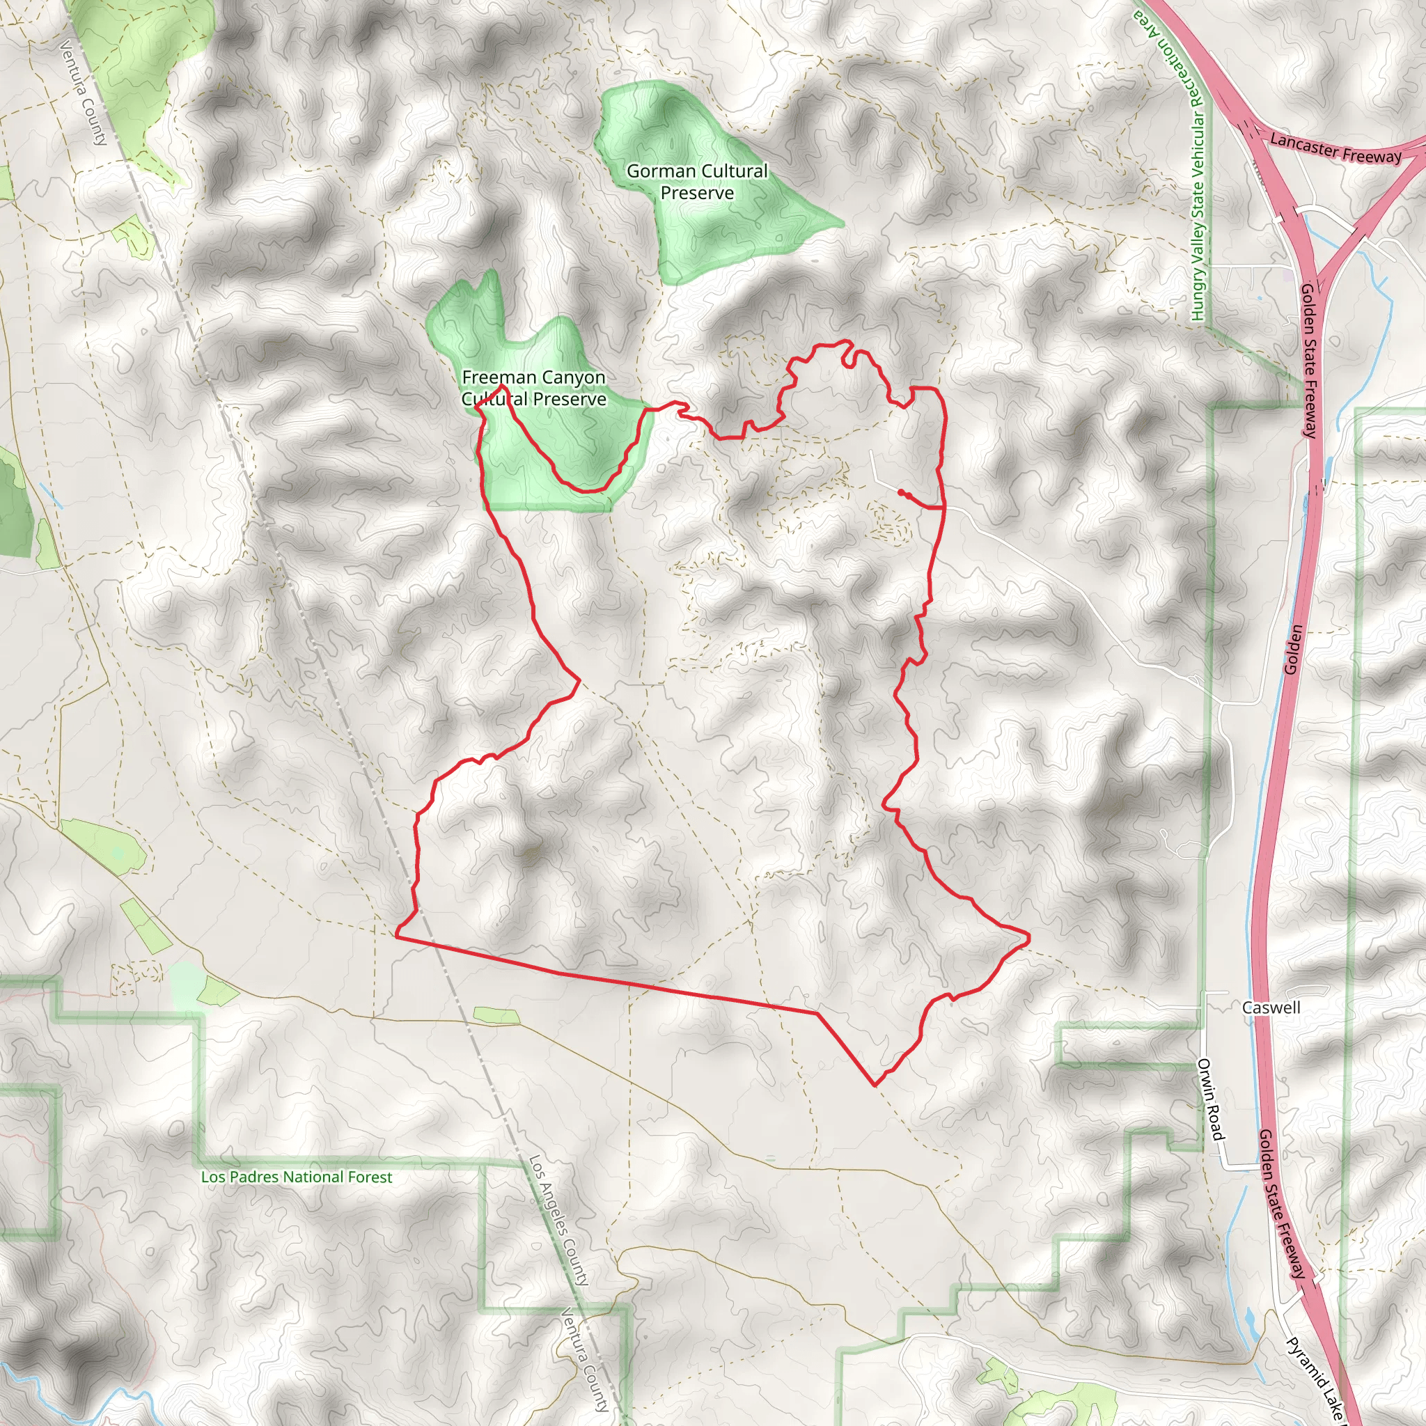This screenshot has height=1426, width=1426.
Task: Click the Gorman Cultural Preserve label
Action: [697, 182]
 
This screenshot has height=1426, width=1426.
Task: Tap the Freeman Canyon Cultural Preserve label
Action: [533, 389]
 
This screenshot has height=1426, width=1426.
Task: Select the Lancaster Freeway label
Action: [1335, 148]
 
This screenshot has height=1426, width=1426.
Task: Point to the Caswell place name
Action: [1270, 1008]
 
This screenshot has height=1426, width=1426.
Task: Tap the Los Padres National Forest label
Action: [297, 1177]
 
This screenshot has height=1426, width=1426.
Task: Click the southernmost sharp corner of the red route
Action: [875, 1086]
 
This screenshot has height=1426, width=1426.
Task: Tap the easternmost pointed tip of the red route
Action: [1028, 937]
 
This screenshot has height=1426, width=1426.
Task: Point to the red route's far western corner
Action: [397, 935]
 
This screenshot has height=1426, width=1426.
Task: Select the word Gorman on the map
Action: [661, 171]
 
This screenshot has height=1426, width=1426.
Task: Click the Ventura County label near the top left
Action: [84, 93]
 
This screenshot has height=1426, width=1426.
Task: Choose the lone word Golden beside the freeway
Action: [1292, 650]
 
